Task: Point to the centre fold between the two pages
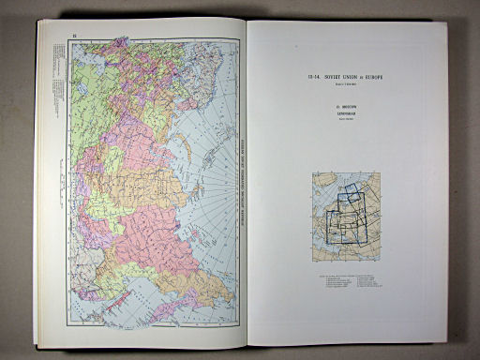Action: click(245, 187)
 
